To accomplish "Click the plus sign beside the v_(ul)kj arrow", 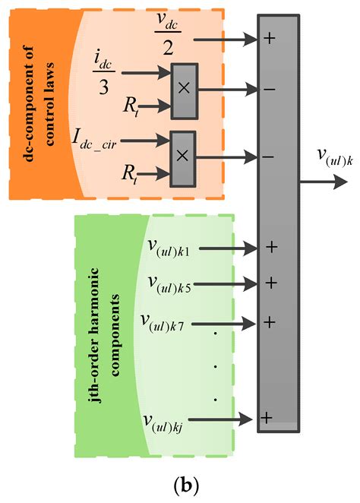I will click(267, 417).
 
